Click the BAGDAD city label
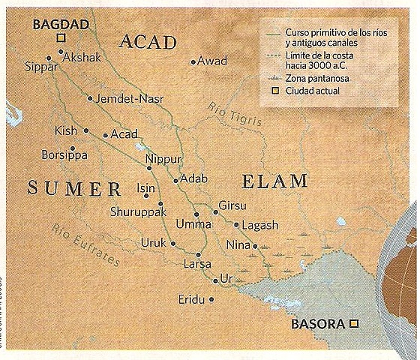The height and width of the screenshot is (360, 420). tap(61, 24)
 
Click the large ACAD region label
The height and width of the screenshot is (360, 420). tap(147, 41)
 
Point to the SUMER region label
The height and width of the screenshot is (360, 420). tap(74, 187)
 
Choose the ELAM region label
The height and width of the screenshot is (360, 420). tap(275, 181)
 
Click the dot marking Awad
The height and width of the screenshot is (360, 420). tap(193, 62)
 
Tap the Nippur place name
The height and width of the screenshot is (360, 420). tap(164, 159)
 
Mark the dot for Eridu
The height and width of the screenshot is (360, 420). tap(211, 299)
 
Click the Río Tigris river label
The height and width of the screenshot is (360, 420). tap(235, 115)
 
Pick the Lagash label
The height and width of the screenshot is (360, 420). tap(260, 224)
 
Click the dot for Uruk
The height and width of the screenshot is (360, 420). tap(172, 243)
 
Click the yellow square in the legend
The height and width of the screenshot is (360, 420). tap(276, 91)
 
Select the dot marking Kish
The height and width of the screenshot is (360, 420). tap(86, 130)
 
